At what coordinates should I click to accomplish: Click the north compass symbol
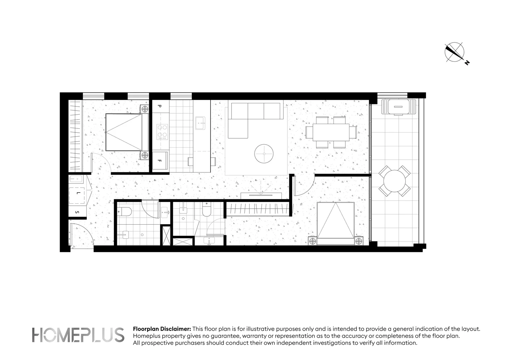coord(454,52)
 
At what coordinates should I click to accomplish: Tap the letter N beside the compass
coord(467,62)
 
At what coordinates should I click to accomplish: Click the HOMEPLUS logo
coord(78,335)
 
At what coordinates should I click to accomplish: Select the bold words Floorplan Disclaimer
coord(162,329)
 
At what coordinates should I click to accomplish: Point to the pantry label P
coord(159,106)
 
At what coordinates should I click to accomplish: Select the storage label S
coord(77,212)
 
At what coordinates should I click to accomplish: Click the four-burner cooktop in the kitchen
coord(162,131)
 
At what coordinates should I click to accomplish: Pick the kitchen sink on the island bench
coord(201,123)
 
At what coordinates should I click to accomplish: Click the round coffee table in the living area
coord(264,154)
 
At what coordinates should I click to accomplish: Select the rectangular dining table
coord(331,132)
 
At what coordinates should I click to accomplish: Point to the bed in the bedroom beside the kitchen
coord(127,132)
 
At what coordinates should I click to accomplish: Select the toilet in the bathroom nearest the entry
coord(127,211)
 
